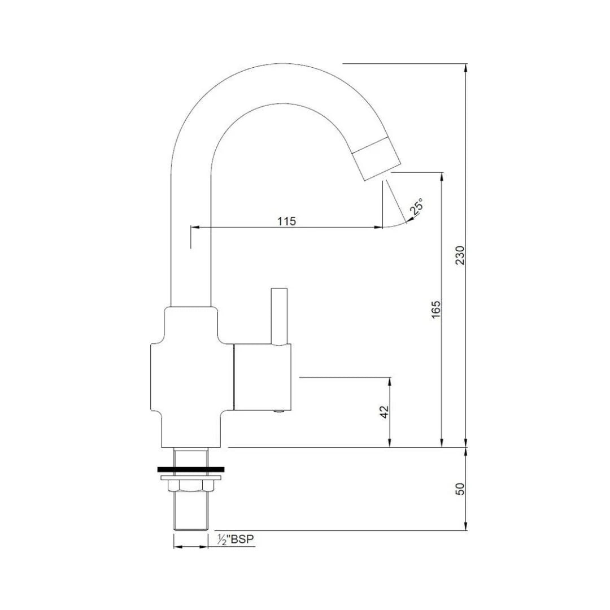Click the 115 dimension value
pos(286,221)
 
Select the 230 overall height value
pos(460,255)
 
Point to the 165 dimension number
pos(435,310)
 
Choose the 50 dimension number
pos(460,489)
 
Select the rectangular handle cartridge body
pos(263,377)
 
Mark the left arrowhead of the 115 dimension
pos(194,228)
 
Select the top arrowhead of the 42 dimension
pos(390,380)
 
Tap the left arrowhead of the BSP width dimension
pos(177,547)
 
